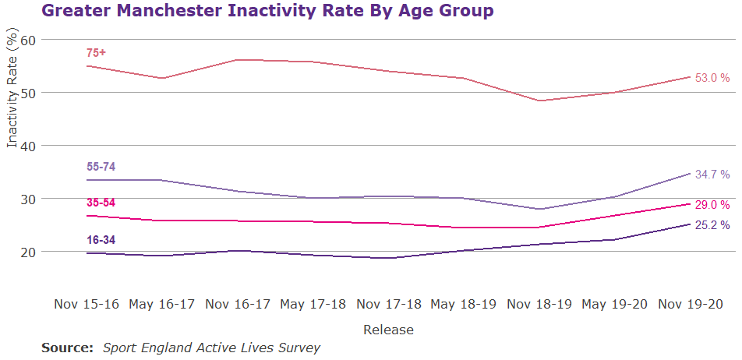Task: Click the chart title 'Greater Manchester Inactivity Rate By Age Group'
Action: pyautogui.click(x=267, y=12)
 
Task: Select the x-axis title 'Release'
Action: pyautogui.click(x=388, y=330)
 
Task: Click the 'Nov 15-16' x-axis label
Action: pyautogui.click(x=87, y=303)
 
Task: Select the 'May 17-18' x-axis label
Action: pyautogui.click(x=313, y=303)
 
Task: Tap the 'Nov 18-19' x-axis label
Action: pyautogui.click(x=539, y=303)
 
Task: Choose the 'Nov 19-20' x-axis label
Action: pyautogui.click(x=691, y=303)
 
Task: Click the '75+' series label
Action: pyautogui.click(x=96, y=53)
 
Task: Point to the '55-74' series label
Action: pyautogui.click(x=101, y=167)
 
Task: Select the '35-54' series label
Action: pyautogui.click(x=101, y=203)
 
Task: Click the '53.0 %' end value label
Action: pyautogui.click(x=712, y=78)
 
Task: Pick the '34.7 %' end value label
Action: pyautogui.click(x=712, y=175)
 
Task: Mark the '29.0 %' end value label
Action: pyautogui.click(x=712, y=205)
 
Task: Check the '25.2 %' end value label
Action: pyautogui.click(x=712, y=226)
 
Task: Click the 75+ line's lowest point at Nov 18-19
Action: pyautogui.click(x=539, y=101)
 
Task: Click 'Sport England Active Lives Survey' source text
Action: pyautogui.click(x=211, y=348)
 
